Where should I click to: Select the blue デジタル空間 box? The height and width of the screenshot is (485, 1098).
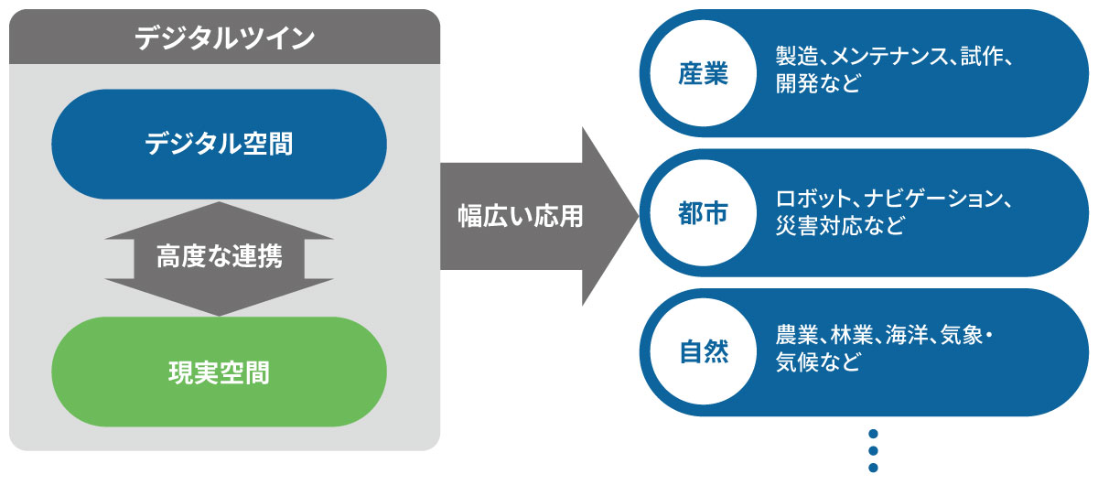pyautogui.click(x=219, y=144)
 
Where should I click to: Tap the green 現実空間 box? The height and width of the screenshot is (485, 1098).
pyautogui.click(x=219, y=372)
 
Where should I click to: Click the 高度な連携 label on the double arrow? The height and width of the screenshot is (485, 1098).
pyautogui.click(x=219, y=259)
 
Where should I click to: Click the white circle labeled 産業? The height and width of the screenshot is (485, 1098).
pyautogui.click(x=703, y=73)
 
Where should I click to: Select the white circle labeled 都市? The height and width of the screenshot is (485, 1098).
pyautogui.click(x=703, y=213)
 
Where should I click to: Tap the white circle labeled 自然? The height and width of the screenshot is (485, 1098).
pyautogui.click(x=703, y=352)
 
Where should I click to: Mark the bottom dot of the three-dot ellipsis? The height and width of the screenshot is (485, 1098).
pyautogui.click(x=872, y=468)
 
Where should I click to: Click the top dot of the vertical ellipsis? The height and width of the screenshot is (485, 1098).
pyautogui.click(x=872, y=434)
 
